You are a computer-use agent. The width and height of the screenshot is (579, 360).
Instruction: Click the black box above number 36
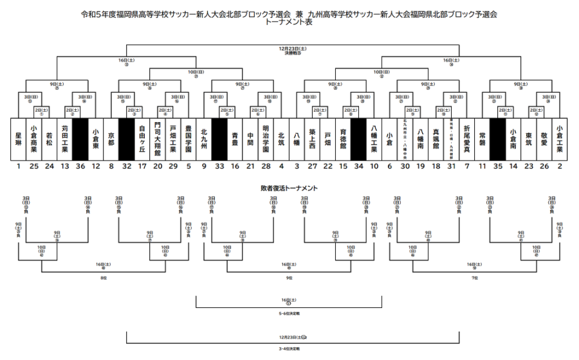(x=80, y=138)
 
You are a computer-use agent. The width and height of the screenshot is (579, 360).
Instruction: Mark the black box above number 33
(x=219, y=138)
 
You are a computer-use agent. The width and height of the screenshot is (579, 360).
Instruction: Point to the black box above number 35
(x=497, y=138)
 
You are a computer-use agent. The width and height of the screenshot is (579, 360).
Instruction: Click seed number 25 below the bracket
(x=34, y=166)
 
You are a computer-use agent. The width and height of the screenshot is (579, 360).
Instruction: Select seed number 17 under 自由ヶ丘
(x=142, y=166)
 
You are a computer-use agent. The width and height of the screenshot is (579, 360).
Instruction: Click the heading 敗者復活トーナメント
(x=289, y=188)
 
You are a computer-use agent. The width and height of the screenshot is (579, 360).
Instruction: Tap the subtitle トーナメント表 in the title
(x=289, y=21)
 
